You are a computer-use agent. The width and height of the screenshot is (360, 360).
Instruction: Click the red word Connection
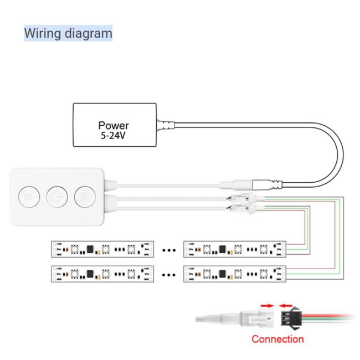coord(277,339)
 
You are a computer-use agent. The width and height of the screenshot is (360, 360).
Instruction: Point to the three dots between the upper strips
coord(168,250)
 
